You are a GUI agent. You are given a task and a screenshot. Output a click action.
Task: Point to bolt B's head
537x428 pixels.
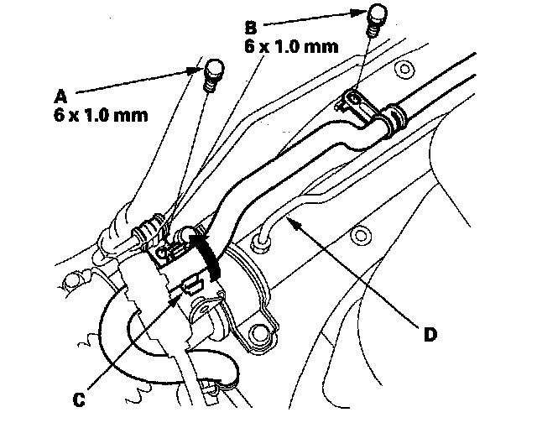[377, 16]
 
